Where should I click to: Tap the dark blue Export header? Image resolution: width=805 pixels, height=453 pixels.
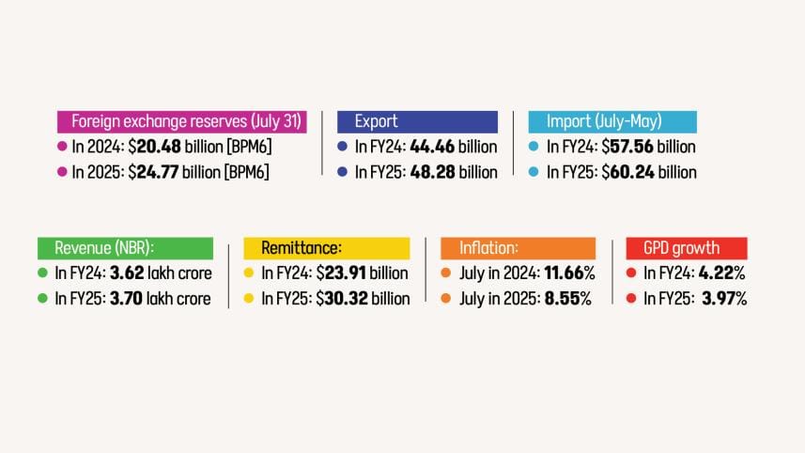coord(417,121)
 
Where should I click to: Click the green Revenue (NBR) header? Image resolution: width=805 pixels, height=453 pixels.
coord(125,248)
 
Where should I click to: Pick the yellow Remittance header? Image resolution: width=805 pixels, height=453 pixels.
coord(326,248)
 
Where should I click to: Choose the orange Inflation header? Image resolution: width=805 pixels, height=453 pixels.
coord(518,248)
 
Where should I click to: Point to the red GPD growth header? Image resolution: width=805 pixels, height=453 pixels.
coord(686,248)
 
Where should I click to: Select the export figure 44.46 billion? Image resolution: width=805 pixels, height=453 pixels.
coord(454,147)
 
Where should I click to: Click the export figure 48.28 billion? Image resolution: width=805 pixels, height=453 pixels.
coord(454,172)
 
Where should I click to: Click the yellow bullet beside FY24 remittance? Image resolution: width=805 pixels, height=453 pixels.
coord(249,273)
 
